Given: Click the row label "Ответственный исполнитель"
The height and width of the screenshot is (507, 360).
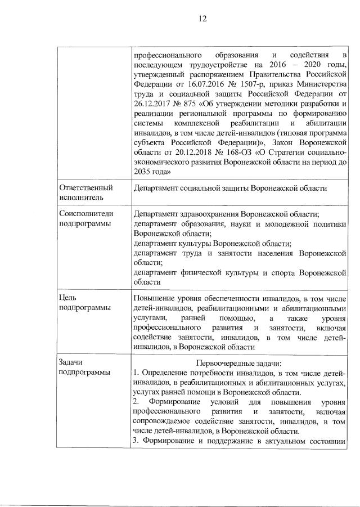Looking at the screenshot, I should tap(85, 192).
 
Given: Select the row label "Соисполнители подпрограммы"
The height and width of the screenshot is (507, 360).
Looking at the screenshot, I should tap(86, 219).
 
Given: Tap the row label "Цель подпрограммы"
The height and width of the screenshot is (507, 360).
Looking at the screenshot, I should tap(84, 303).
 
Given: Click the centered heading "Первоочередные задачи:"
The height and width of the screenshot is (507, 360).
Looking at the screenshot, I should tap(239, 364).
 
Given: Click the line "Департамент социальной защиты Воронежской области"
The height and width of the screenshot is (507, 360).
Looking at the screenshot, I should tap(230, 188).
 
